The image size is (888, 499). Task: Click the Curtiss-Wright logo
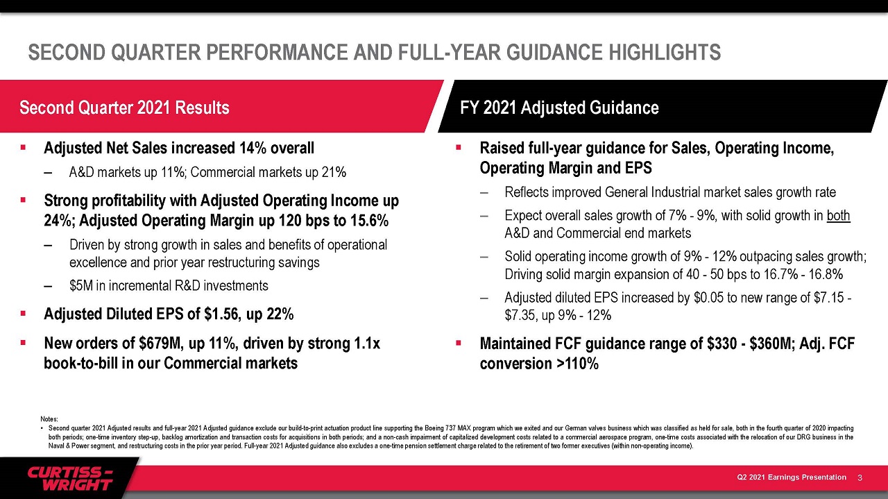point(70,479)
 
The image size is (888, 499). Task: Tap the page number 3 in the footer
point(860,477)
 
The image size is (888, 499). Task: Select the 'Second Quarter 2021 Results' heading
point(124,108)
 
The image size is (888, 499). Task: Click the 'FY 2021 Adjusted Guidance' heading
point(559,108)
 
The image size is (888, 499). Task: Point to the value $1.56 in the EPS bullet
point(221,314)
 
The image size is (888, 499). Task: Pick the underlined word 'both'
point(839,215)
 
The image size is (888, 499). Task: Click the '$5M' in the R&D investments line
point(81,286)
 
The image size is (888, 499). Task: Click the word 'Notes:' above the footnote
point(49,419)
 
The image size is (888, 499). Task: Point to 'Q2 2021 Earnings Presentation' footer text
point(792,477)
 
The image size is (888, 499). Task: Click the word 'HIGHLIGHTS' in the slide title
point(665,52)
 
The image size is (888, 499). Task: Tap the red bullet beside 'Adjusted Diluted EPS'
point(23,314)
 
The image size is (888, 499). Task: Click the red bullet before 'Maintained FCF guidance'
point(459,343)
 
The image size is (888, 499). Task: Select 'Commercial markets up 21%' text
point(268,172)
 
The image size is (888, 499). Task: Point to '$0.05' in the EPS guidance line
point(709,298)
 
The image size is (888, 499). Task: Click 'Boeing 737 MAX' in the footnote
point(448,428)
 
